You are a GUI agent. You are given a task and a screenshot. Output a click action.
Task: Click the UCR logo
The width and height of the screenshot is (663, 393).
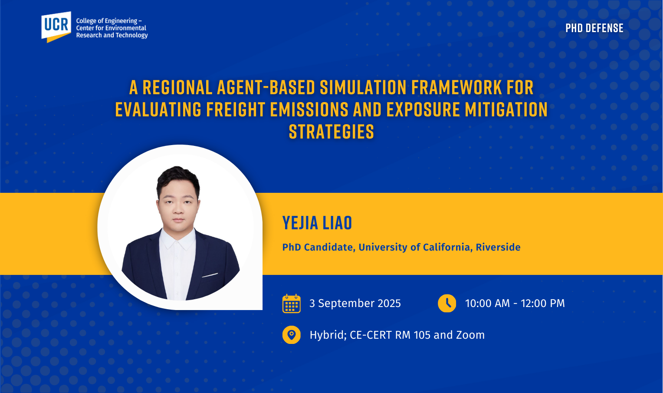point(56,27)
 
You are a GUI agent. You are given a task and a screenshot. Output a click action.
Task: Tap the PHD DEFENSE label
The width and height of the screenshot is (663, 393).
point(594,28)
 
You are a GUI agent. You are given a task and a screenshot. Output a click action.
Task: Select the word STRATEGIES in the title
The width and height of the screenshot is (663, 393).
point(331,132)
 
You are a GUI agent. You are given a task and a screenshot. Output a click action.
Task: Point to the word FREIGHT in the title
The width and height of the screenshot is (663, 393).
point(236,109)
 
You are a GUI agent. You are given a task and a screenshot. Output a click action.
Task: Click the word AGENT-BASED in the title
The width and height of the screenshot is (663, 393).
point(266,88)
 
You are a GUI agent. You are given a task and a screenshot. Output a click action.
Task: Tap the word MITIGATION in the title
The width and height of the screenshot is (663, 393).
point(506,109)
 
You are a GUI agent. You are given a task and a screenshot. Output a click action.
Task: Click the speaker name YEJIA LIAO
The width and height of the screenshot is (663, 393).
point(317,223)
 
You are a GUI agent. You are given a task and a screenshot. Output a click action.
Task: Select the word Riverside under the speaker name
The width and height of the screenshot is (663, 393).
point(498,247)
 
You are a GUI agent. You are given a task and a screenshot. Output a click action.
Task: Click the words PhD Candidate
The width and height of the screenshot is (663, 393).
point(318,247)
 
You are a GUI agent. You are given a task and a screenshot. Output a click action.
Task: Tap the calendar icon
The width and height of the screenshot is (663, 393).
point(292,304)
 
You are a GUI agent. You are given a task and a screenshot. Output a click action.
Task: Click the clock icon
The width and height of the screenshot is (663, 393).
point(447,303)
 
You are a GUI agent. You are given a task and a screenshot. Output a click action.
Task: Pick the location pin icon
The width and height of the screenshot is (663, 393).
point(292,335)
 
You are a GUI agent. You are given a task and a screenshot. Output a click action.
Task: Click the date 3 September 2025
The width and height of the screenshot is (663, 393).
point(355,304)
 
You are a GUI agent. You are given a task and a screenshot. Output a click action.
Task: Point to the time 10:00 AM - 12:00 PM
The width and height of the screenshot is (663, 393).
point(515,303)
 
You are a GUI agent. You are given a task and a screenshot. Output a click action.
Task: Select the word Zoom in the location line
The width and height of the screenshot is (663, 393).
point(470,335)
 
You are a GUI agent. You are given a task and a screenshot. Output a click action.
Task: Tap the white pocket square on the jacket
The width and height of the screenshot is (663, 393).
point(210,275)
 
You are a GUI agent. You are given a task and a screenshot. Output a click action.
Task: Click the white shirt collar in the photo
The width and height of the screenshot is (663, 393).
point(177,238)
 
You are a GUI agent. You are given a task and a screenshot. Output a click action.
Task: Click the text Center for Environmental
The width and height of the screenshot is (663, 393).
point(111,28)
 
